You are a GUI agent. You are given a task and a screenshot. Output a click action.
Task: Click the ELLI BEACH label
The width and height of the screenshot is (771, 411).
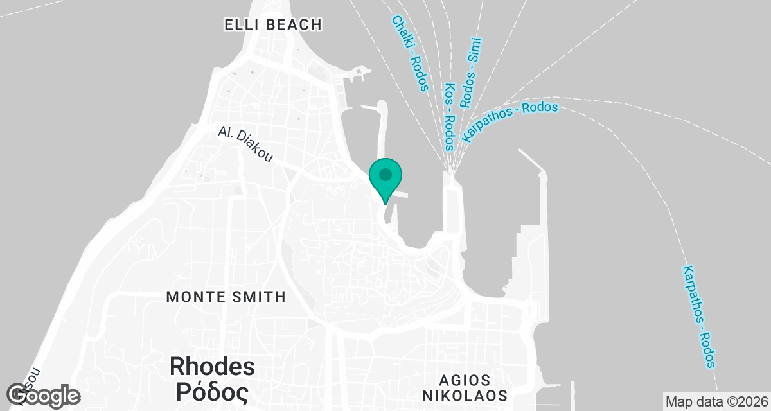(x=272, y=25)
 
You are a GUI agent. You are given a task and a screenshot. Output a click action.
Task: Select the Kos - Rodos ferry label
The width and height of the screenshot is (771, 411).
(x=449, y=116)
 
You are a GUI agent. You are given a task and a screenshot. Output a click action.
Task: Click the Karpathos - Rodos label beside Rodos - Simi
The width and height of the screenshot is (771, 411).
(x=510, y=122)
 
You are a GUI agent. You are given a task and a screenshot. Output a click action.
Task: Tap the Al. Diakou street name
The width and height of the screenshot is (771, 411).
(x=244, y=144)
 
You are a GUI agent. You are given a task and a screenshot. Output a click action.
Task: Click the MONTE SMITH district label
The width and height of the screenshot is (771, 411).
(x=226, y=297)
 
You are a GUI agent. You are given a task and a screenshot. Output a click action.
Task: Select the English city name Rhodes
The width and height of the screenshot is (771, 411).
(x=212, y=367)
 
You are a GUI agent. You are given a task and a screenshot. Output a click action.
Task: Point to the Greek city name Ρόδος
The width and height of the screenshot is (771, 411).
(x=212, y=390)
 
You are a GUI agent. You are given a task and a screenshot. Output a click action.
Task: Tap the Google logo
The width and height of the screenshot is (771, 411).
(x=44, y=396)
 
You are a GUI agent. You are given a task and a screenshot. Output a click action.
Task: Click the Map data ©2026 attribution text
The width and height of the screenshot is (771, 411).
(x=716, y=402)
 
